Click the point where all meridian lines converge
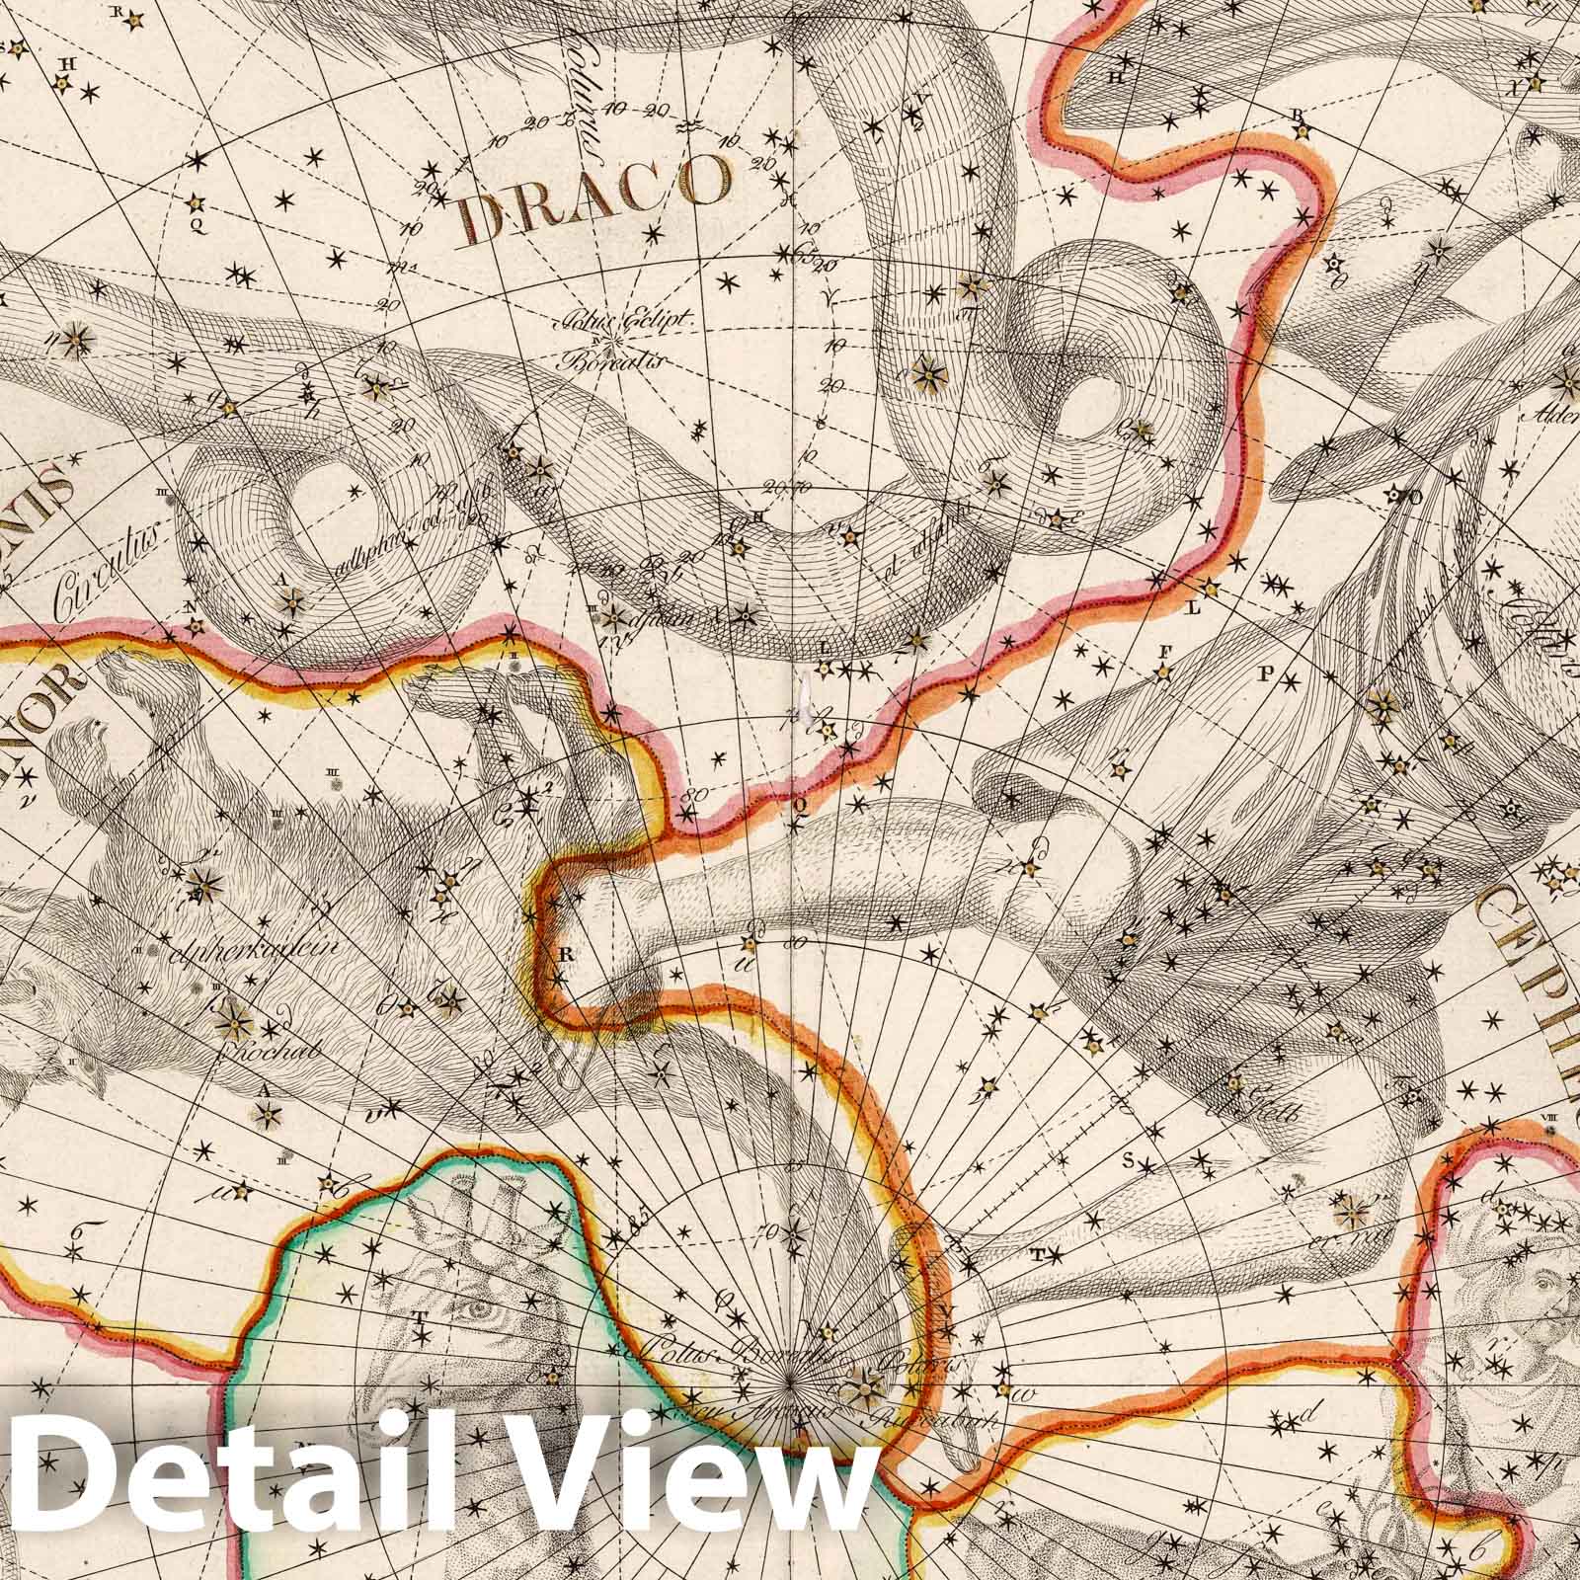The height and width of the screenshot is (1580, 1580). pyautogui.click(x=790, y=1380)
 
